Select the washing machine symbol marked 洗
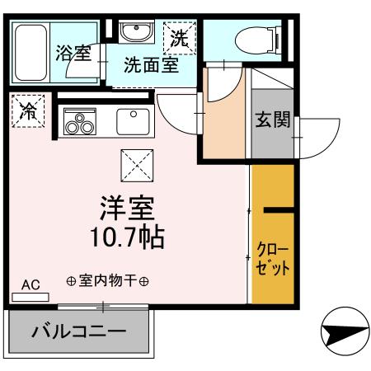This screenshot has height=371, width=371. (180, 38)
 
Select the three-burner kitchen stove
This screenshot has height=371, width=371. (81, 122)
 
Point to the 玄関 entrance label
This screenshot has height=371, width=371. (271, 120)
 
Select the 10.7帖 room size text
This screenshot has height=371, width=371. (128, 237)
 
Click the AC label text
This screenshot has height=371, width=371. (31, 284)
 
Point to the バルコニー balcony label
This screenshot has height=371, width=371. (79, 333)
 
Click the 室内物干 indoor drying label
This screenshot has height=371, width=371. (107, 281)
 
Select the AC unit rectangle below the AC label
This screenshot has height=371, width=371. (30, 296)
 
